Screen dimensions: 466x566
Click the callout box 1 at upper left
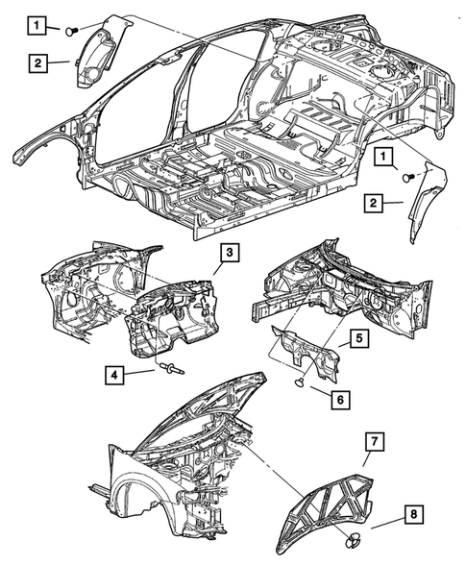point(37,25)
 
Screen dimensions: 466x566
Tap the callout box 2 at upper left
point(37,63)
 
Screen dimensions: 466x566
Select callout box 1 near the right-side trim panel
point(383,158)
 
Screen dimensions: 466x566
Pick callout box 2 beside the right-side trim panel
point(373,202)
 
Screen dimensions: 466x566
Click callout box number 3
point(230,254)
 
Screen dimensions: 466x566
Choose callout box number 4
point(114,375)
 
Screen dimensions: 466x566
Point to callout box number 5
point(359,339)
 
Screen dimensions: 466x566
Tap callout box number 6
point(340,399)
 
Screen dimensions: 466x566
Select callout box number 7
point(375,441)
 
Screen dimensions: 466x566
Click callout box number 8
point(414,514)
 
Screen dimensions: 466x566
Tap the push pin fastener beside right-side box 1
point(409,177)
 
